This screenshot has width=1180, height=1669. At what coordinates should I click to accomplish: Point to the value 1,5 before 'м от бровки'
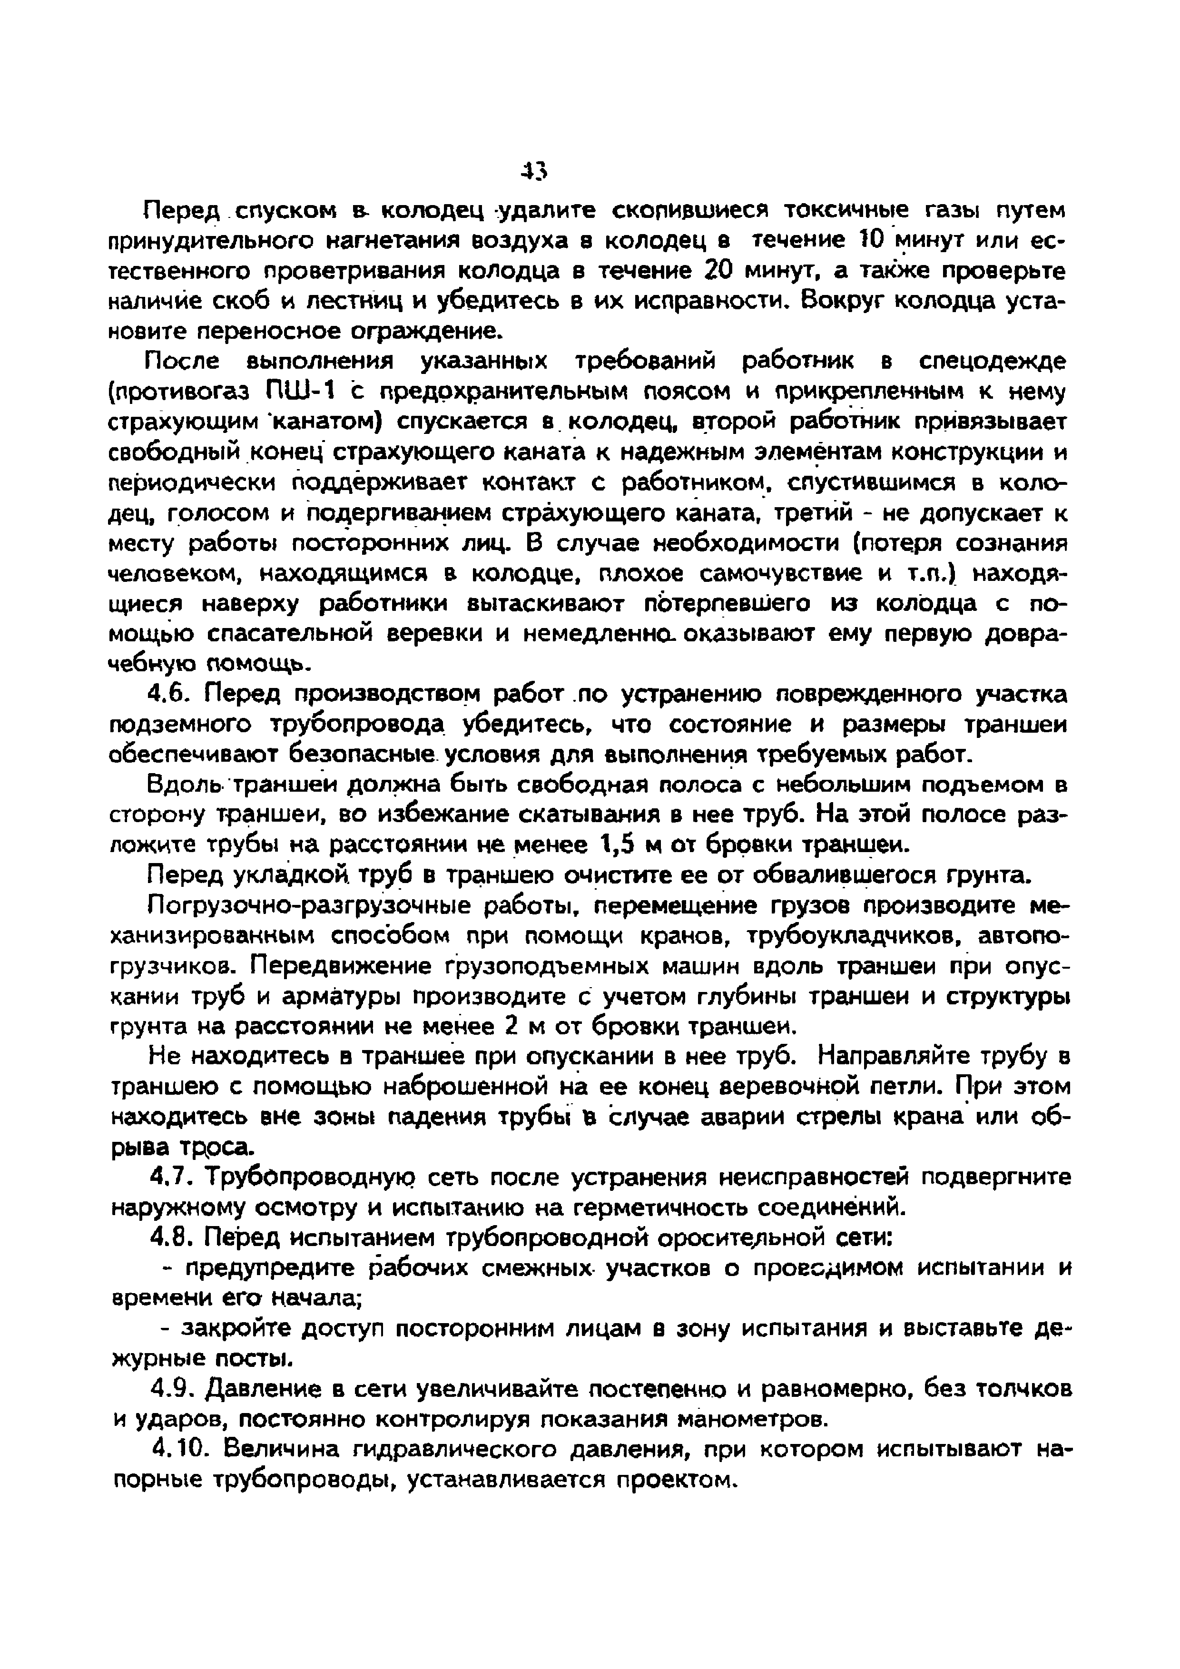tap(621, 845)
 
